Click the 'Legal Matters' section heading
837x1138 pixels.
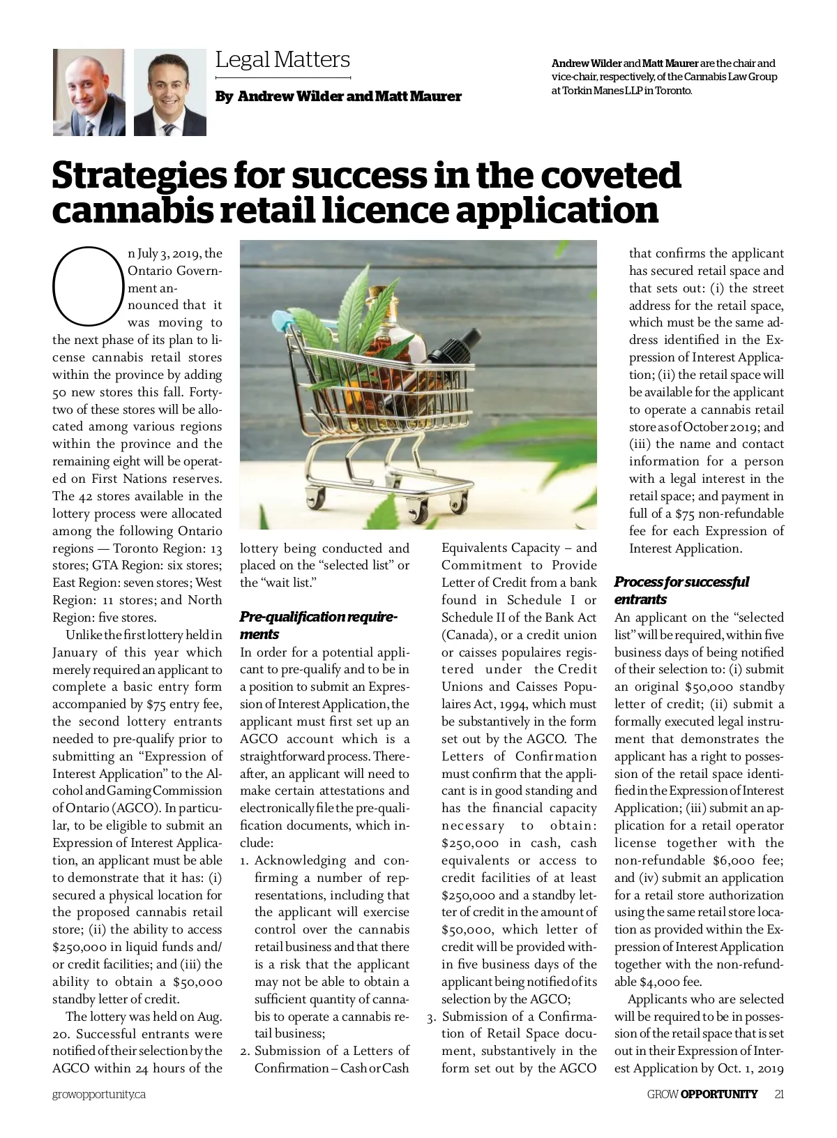click(x=282, y=60)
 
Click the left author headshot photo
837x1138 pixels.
click(x=89, y=92)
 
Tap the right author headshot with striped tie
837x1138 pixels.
click(x=170, y=92)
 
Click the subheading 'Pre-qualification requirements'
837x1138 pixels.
click(x=318, y=625)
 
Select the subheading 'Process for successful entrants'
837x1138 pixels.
click(x=681, y=590)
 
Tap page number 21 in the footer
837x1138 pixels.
click(x=778, y=1094)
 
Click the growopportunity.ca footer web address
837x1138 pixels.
click(x=99, y=1095)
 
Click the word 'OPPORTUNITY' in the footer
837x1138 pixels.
click(x=718, y=1094)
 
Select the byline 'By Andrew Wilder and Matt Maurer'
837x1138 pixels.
click(x=338, y=96)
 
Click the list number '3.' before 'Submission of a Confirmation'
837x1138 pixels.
click(x=432, y=1017)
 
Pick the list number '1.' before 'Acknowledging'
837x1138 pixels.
click(x=245, y=860)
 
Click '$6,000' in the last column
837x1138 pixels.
click(x=731, y=860)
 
